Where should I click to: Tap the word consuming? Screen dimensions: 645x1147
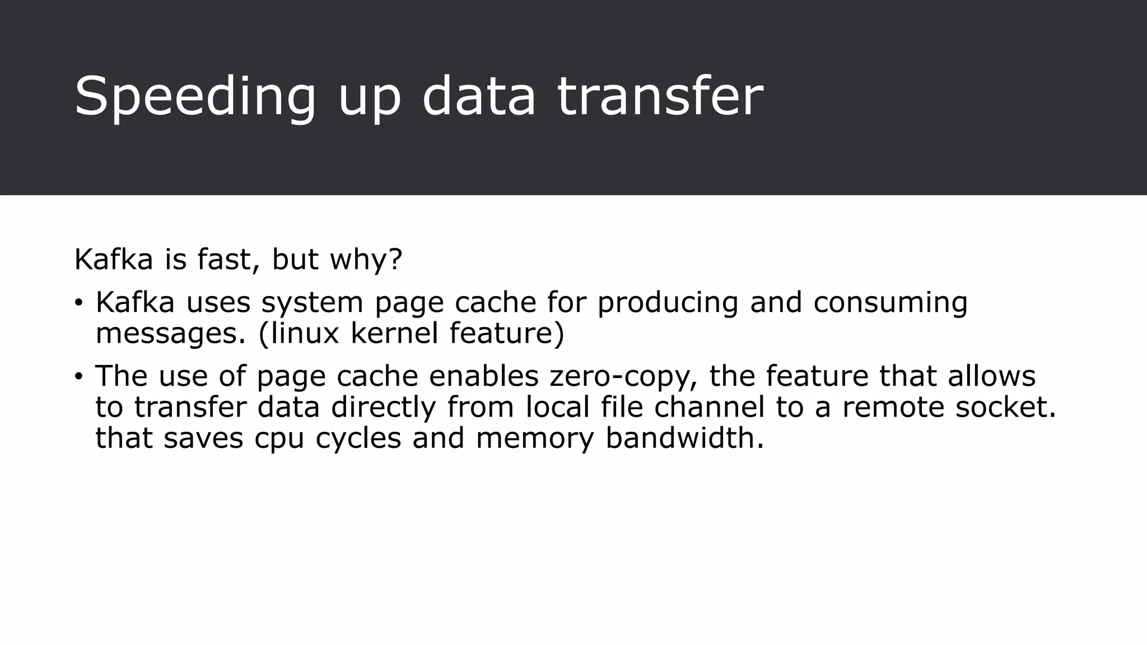pos(890,303)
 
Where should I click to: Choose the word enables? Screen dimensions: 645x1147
pos(484,376)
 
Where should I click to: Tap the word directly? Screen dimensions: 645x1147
pos(383,408)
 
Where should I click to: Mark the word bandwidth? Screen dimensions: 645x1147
pos(684,438)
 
